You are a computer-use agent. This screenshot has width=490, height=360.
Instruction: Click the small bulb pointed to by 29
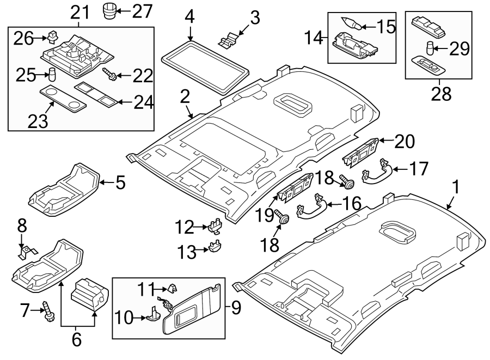tap(430, 50)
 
